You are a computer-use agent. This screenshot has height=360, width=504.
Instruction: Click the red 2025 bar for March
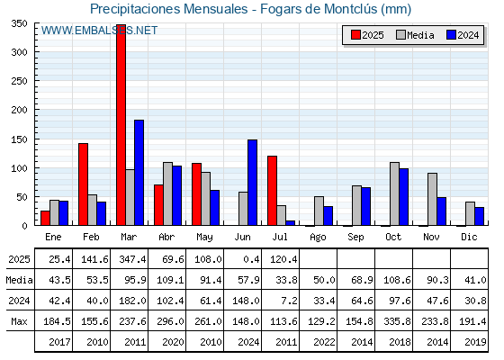(x=121, y=125)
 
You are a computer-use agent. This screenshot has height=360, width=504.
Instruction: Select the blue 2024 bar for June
(x=252, y=182)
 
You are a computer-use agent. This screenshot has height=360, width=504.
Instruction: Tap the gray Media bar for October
(x=394, y=193)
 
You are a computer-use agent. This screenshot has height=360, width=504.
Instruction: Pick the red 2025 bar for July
(x=272, y=191)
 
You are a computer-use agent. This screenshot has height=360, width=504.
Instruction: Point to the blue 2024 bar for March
(x=139, y=173)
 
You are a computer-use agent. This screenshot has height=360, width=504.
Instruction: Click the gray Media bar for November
(x=432, y=199)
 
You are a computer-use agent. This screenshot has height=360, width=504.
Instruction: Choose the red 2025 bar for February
(x=83, y=184)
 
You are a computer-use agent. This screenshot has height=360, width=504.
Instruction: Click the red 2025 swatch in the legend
(x=355, y=35)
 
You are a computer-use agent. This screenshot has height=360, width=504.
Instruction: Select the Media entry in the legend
(x=415, y=35)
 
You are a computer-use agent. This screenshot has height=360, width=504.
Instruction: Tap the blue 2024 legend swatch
(x=451, y=35)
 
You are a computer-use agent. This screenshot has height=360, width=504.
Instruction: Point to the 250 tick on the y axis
(x=19, y=81)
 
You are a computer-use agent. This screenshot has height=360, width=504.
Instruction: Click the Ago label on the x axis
(x=318, y=238)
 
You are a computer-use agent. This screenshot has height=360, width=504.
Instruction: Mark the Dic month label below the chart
(x=469, y=237)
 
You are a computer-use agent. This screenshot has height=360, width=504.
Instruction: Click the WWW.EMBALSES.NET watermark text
(x=99, y=31)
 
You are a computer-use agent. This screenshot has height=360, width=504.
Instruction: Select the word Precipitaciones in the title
(x=134, y=9)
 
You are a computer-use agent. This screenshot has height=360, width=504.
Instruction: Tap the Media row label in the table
(x=19, y=280)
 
